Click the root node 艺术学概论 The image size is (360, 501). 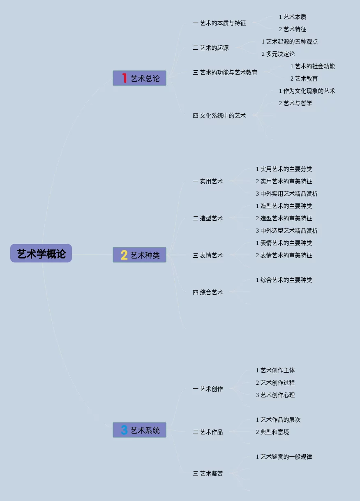click(41, 254)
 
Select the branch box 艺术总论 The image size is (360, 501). click(140, 78)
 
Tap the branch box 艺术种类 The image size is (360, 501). click(140, 255)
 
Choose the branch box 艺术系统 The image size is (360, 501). click(140, 430)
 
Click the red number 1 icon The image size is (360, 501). click(124, 78)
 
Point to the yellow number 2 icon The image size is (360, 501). click(124, 255)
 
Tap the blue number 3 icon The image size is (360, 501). click(124, 430)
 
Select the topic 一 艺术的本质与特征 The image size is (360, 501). click(219, 23)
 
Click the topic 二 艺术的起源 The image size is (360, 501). click(210, 48)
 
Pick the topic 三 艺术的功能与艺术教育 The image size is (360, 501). click(225, 73)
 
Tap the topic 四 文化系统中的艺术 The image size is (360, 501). click(219, 116)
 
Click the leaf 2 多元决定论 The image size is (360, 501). click(278, 54)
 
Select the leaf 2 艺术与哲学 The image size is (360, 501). click(295, 103)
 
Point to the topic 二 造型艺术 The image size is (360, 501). click(208, 219)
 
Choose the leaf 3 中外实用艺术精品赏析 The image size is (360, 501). click(287, 194)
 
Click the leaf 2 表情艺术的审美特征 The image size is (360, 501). click(284, 255)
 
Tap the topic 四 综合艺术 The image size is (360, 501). click(208, 293)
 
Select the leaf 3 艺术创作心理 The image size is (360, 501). click(275, 395)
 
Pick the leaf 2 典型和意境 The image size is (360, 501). click(272, 432)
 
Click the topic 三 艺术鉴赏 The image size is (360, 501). click(208, 474)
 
